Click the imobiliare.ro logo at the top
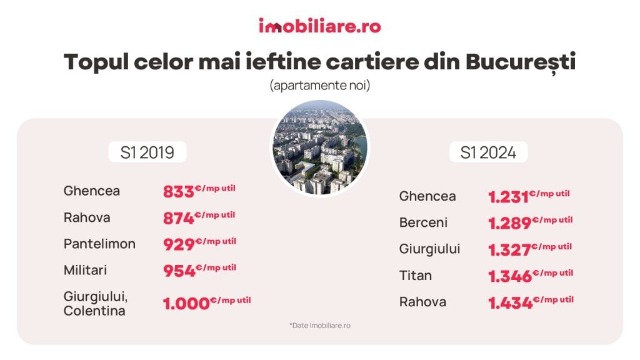tap(319, 26)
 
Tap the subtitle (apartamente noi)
tap(320, 86)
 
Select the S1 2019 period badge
tap(147, 152)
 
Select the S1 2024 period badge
tap(487, 152)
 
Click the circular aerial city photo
tap(320, 147)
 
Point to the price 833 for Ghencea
tap(179, 192)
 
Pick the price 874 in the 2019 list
tap(179, 218)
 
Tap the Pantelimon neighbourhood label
tap(99, 244)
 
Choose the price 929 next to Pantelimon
tap(179, 244)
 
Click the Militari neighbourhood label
tap(86, 270)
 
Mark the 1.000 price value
tap(186, 304)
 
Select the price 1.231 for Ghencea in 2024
tap(508, 197)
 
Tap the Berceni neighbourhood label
tap(423, 223)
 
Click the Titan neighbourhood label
tap(416, 276)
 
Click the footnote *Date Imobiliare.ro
tap(320, 326)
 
